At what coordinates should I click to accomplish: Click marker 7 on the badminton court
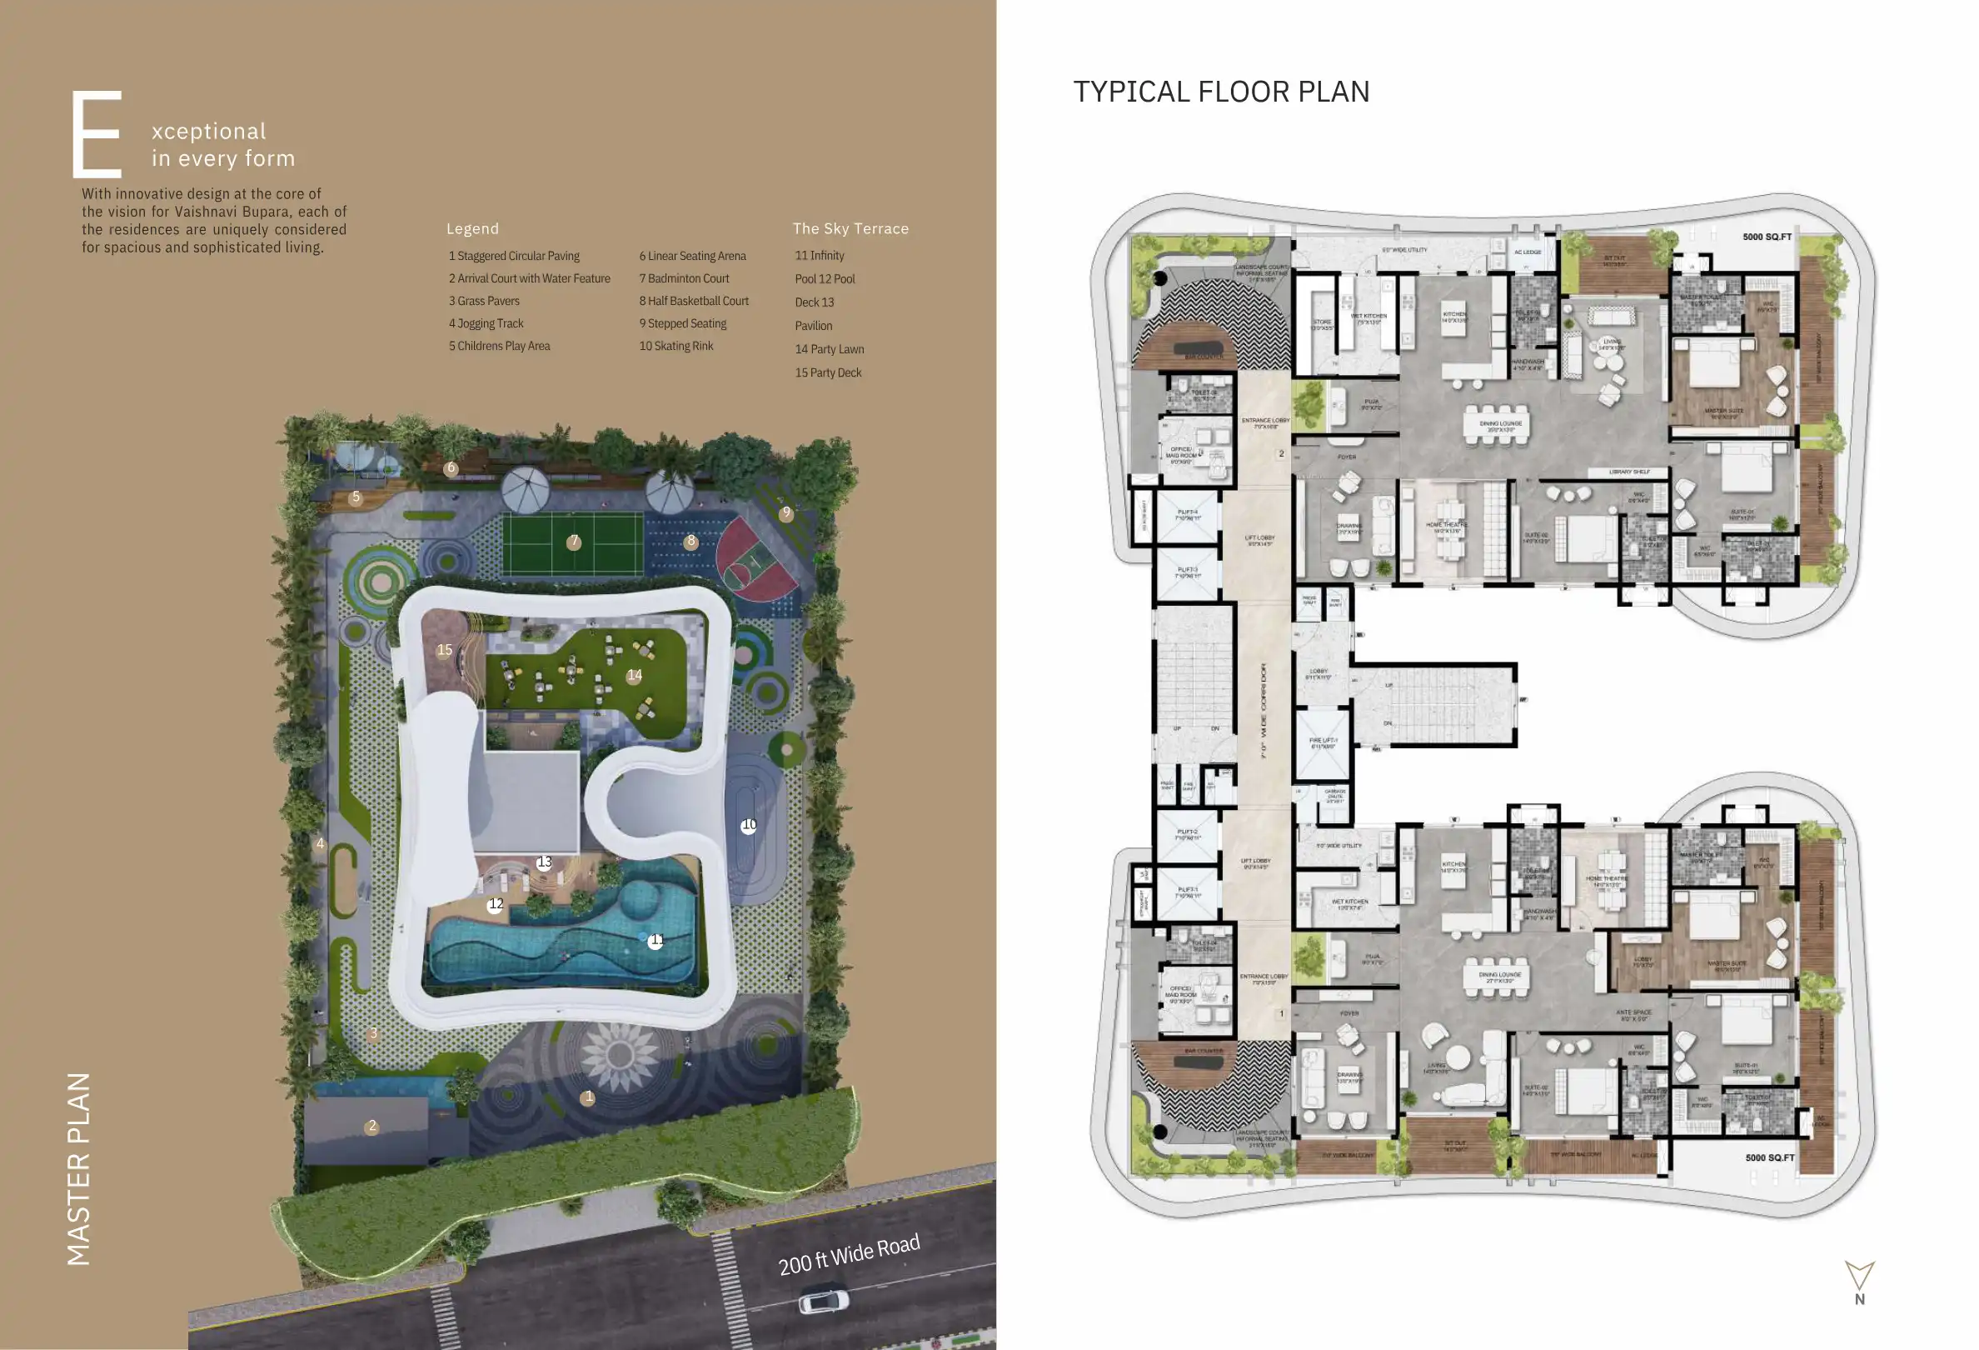[x=574, y=542]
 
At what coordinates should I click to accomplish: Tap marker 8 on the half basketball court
[x=690, y=542]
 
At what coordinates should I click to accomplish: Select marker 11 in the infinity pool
[x=656, y=940]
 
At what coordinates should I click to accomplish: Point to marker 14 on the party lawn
[x=635, y=676]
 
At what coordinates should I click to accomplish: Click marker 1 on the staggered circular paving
[x=587, y=1097]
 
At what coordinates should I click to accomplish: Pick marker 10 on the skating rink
[x=749, y=825]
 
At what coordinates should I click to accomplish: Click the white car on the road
[x=824, y=1302]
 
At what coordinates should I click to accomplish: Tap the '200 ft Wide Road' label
[x=849, y=1254]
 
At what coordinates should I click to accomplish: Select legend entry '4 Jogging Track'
[x=486, y=323]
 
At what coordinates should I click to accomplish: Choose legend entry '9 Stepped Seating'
[x=683, y=323]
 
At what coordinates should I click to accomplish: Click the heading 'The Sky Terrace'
[x=850, y=228]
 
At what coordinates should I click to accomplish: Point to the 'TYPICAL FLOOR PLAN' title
[x=1221, y=92]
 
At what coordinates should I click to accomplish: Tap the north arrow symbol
[x=1859, y=1277]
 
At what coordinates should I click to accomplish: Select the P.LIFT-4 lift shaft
[x=1188, y=516]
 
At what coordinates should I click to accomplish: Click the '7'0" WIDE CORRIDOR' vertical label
[x=1264, y=711]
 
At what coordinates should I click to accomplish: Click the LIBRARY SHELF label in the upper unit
[x=1629, y=472]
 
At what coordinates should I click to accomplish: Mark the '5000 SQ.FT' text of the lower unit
[x=1769, y=1158]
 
